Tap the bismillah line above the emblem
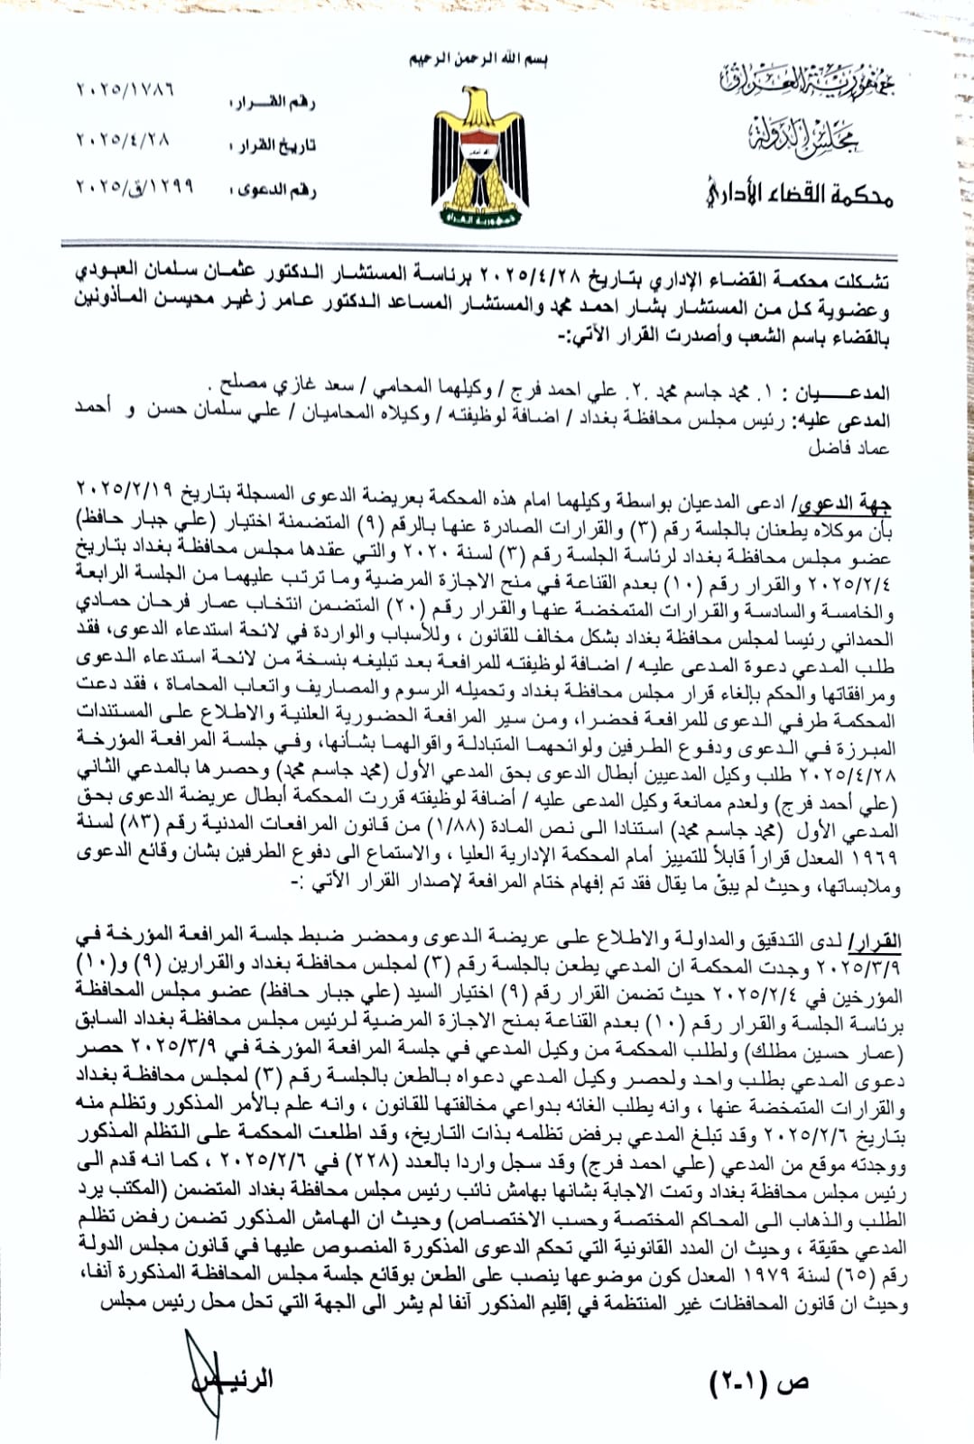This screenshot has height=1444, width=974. [478, 60]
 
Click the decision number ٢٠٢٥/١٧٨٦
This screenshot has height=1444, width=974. [125, 90]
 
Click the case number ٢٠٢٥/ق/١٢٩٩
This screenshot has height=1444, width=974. [135, 187]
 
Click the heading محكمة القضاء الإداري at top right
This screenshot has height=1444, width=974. [799, 192]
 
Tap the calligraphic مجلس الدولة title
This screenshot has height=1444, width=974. [803, 136]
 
